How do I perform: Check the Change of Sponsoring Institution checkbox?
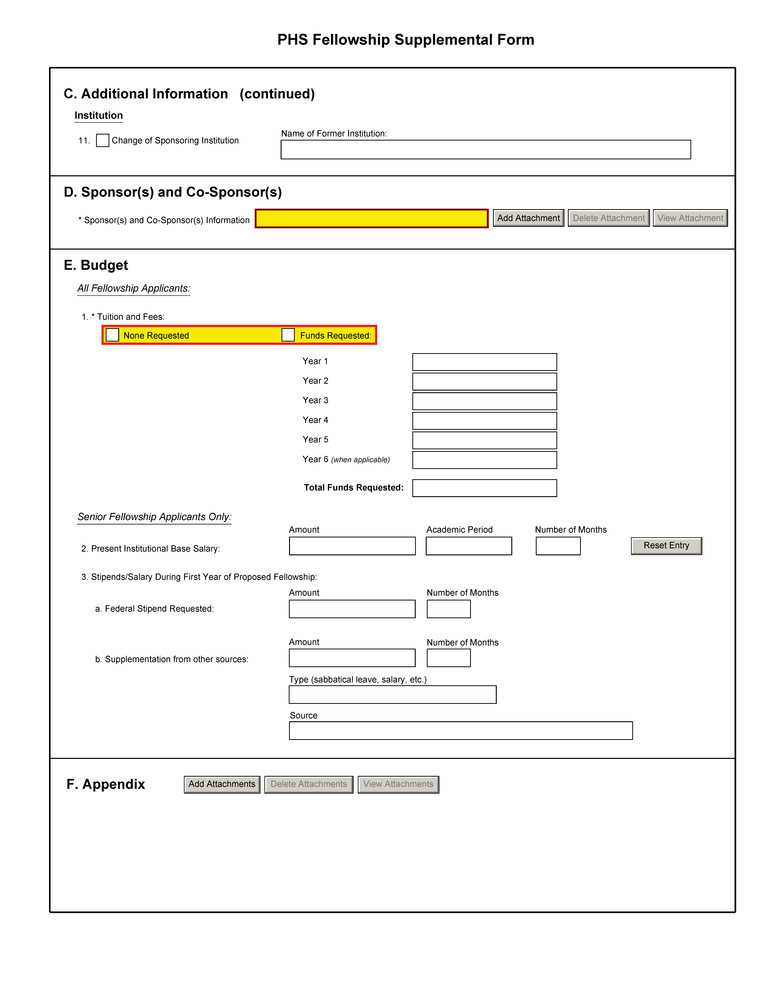103,141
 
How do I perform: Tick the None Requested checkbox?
112,335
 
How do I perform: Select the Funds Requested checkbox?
288,335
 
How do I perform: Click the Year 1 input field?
484,362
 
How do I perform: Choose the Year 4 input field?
484,421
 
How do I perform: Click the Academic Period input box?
468,546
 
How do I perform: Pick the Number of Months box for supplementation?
448,658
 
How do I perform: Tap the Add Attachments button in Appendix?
222,784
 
